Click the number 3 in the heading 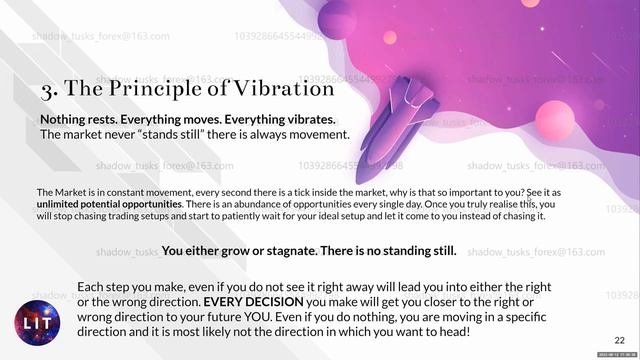(48, 90)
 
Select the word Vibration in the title (283, 89)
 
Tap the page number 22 (619, 341)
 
